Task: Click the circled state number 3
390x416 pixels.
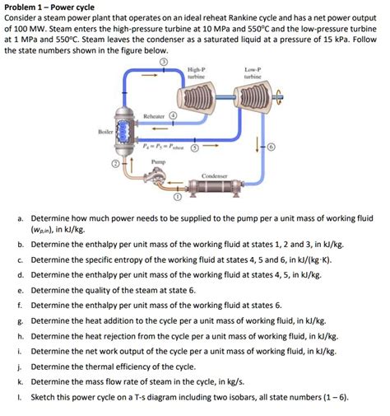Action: point(164,62)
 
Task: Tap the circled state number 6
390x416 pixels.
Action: point(272,147)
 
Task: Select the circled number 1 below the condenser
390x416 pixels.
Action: point(179,197)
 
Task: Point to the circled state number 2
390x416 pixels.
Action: point(116,164)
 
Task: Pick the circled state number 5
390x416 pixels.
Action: point(195,147)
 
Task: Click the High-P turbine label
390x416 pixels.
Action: point(197,73)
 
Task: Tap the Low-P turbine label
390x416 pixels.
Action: point(253,73)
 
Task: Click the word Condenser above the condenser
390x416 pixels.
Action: point(215,175)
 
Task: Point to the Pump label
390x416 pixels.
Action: point(159,162)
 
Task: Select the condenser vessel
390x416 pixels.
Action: point(215,188)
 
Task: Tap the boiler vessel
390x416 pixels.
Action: point(126,131)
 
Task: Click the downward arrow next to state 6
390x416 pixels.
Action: point(257,145)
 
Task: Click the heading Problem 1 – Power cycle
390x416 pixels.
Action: point(49,7)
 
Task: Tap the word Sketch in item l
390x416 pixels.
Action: point(43,397)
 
